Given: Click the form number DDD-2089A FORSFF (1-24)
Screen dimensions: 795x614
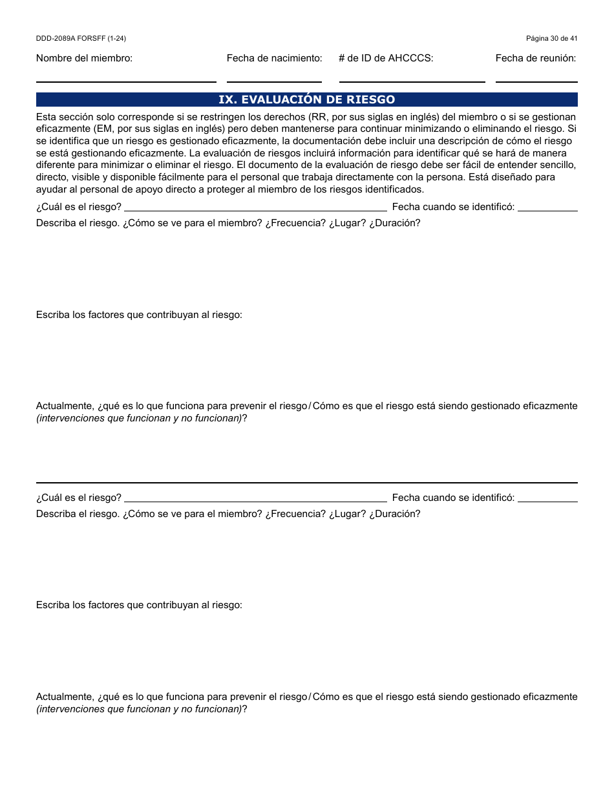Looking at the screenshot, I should point(81,39).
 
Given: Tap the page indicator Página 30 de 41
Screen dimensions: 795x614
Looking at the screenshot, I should point(551,39).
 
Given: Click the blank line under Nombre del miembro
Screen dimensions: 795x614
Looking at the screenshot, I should point(126,78).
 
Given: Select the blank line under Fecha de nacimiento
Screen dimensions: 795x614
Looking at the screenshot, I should point(274,78).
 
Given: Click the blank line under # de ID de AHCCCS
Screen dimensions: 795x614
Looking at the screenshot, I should point(412,78).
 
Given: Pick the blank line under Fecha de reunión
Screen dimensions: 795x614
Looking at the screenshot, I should point(536,78).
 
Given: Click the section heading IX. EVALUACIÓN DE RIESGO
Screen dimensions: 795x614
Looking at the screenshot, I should point(306,100).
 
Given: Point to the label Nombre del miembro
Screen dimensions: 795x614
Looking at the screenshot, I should point(84,58).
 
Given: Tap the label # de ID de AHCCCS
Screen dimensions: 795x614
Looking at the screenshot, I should point(386,58).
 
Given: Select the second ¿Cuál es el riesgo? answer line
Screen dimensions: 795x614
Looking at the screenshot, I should point(255,499).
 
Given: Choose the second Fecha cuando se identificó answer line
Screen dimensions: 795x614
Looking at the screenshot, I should point(547,499).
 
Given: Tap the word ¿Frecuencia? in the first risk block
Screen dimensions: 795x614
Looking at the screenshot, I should point(295,223).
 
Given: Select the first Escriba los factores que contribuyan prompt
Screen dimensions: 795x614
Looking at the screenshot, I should point(139,315).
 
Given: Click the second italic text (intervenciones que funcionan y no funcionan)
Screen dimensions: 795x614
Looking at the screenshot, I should point(139,709).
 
